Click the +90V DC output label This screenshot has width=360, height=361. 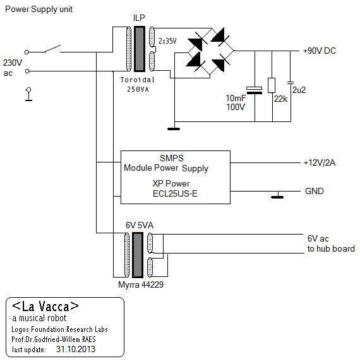coord(320,51)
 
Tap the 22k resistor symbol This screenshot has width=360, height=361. coord(272,85)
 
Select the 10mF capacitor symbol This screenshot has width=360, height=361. coord(254,90)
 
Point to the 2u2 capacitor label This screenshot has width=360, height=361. coord(299,90)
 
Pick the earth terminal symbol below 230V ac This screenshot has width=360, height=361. coord(28,94)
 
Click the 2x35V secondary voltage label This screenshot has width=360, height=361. coord(167,41)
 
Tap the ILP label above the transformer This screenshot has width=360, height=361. coord(139,18)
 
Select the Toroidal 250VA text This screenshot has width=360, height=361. coord(138,85)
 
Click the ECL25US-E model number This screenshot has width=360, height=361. coord(175,193)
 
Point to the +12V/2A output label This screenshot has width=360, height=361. coord(320,162)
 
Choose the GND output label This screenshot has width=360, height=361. coord(315,191)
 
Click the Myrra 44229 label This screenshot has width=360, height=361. coord(141,285)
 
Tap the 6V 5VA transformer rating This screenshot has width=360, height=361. coord(140,225)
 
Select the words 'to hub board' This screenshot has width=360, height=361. coord(331,248)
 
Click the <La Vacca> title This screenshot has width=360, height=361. coord(45,306)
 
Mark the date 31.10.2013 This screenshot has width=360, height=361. coord(76,349)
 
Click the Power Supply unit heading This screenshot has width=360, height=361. coord(39,9)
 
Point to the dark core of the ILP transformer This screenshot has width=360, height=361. coord(140,49)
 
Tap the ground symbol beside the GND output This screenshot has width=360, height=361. coord(277,195)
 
